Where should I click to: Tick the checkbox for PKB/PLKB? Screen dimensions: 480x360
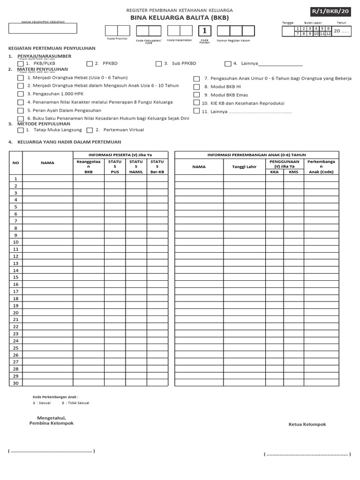click(21, 64)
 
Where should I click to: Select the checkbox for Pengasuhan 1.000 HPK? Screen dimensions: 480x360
click(21, 94)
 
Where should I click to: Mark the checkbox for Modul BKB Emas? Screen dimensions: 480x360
click(197, 95)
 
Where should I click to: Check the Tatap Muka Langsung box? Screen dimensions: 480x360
click(21, 130)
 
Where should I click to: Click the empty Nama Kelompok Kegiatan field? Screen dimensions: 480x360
click(42, 29)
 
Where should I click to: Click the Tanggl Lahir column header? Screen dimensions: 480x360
click(244, 166)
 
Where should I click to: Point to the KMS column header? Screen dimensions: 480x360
click(293, 172)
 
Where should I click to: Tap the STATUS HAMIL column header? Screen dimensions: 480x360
click(136, 166)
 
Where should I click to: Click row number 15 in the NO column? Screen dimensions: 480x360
click(15, 277)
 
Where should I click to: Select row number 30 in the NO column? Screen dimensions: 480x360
click(15, 383)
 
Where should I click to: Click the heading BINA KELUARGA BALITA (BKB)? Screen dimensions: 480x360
click(180, 17)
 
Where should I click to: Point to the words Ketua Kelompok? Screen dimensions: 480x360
click(307, 425)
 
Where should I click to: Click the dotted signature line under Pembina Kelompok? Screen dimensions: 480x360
click(52, 451)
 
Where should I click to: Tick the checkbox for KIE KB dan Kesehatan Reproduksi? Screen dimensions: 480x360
click(197, 104)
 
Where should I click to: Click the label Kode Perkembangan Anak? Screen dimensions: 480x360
click(55, 397)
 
